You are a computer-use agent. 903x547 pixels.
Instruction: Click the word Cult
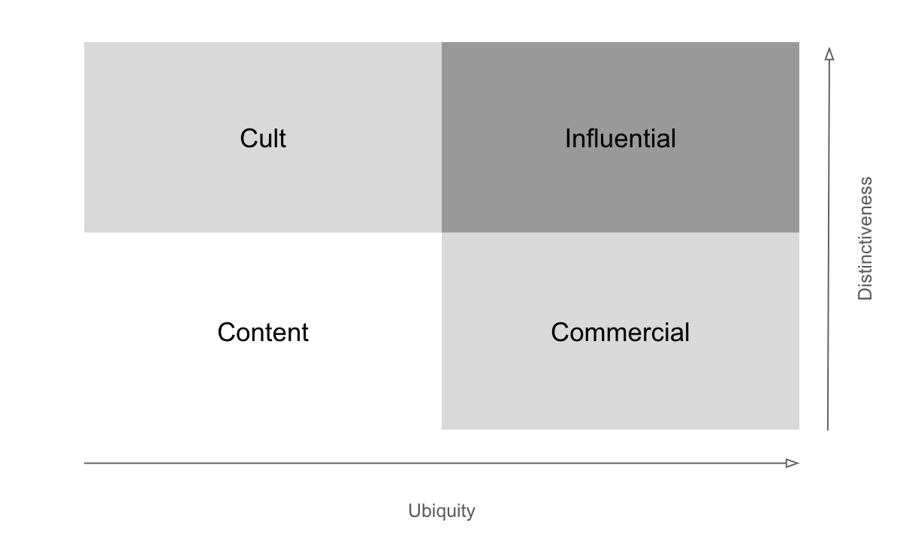(263, 139)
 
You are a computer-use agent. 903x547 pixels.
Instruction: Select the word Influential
(620, 139)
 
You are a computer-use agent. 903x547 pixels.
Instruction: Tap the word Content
(263, 332)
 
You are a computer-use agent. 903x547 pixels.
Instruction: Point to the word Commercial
(620, 332)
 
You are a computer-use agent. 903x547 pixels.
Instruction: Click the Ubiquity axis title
(442, 511)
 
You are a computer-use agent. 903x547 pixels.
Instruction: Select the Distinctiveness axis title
(865, 238)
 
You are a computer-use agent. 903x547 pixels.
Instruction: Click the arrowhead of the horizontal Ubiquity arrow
(793, 463)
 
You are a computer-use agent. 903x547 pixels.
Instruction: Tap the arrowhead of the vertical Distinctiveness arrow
(829, 54)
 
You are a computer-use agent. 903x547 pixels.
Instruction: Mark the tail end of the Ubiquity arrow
(86, 463)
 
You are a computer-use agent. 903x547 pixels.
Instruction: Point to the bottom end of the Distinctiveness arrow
(828, 428)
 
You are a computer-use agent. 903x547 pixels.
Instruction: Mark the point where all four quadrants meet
(442, 232)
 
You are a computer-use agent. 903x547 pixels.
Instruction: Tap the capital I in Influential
(568, 139)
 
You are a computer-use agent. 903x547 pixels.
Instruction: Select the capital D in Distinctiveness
(865, 294)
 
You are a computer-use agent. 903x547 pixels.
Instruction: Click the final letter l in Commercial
(687, 332)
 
